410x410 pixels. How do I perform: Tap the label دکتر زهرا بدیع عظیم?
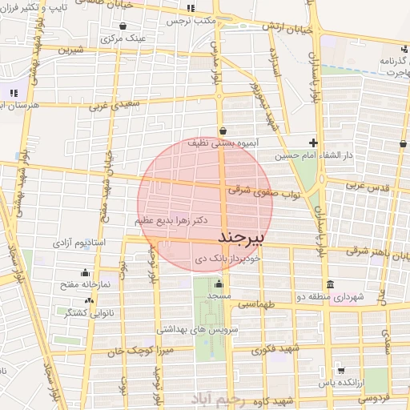click(167, 219)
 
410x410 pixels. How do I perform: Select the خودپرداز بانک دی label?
click(228, 259)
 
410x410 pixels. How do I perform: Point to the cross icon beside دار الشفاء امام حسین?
click(314, 143)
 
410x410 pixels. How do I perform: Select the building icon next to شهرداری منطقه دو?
click(330, 285)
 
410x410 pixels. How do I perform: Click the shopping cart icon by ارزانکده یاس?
click(341, 370)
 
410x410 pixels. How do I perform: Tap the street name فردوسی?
click(373, 397)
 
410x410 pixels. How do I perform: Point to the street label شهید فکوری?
click(274, 350)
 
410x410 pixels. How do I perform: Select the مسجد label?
click(219, 296)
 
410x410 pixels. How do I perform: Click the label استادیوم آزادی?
click(80, 241)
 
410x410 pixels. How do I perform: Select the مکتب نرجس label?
click(191, 22)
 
